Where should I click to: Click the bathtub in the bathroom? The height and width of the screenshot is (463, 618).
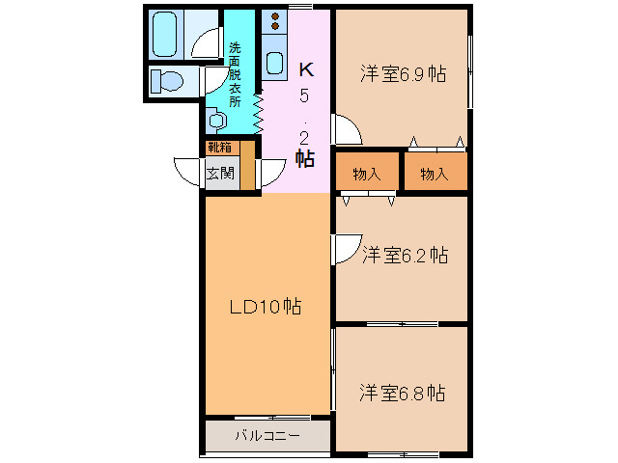(164, 35)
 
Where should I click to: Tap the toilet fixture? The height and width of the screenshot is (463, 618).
(167, 81)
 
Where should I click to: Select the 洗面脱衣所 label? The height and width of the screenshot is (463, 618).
(235, 75)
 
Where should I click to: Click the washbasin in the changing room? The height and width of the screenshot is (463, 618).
(216, 120)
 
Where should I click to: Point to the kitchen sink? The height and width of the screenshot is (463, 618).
(275, 63)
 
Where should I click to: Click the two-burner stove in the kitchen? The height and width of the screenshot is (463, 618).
(274, 21)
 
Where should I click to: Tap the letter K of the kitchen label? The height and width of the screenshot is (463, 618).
(306, 69)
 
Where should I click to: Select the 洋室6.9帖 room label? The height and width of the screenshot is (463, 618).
(403, 74)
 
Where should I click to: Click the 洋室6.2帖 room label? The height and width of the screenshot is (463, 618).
(405, 255)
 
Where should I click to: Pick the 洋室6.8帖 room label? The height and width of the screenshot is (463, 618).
(402, 393)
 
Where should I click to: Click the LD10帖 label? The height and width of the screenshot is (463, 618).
(266, 307)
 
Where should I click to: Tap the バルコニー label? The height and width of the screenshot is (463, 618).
(267, 435)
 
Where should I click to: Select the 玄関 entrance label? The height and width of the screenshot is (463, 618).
(220, 174)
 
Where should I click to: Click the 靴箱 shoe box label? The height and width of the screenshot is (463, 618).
(219, 148)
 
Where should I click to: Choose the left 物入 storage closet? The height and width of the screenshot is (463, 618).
(367, 174)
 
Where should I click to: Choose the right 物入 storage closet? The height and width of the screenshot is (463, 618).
(435, 174)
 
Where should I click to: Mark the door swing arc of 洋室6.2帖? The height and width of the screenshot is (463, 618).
(352, 255)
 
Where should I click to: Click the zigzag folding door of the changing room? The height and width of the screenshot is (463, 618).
(258, 112)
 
